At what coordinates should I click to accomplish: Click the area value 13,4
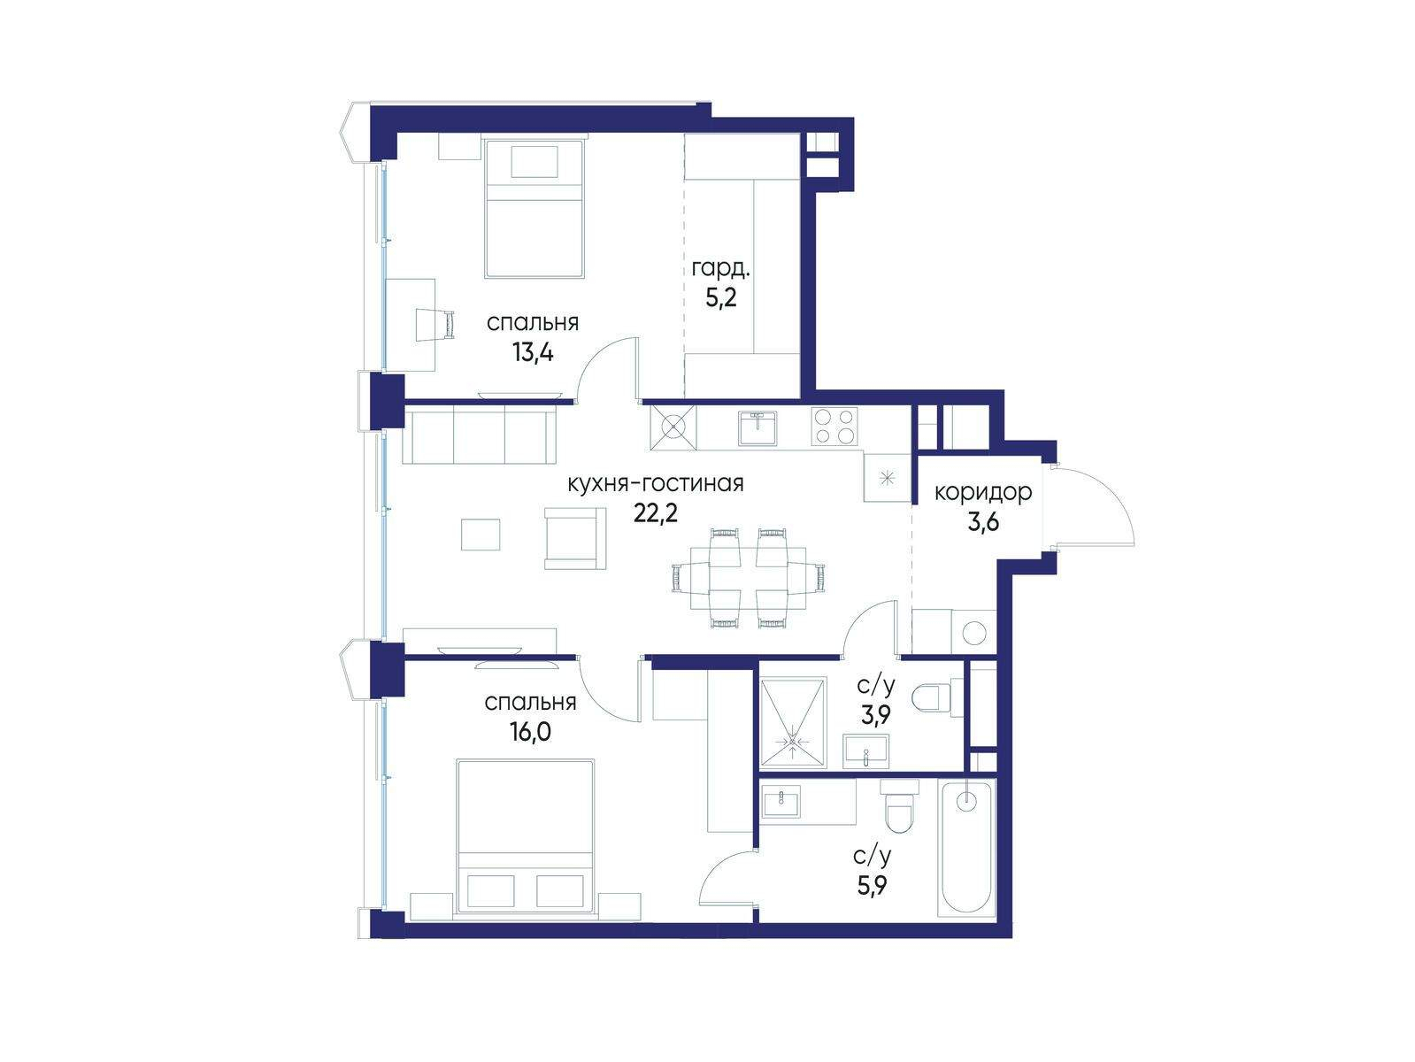pyautogui.click(x=533, y=352)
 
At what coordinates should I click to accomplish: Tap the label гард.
pyautogui.click(x=720, y=268)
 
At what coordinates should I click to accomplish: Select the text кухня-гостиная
pyautogui.click(x=656, y=483)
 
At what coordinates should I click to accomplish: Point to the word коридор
pyautogui.click(x=983, y=492)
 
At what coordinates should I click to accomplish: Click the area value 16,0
pyautogui.click(x=531, y=732)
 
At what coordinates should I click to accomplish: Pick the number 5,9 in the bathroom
pyautogui.click(x=873, y=887)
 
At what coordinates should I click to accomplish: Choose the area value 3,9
pyautogui.click(x=875, y=714)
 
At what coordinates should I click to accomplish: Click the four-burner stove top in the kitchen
pyautogui.click(x=834, y=426)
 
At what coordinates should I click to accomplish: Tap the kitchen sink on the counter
pyautogui.click(x=758, y=427)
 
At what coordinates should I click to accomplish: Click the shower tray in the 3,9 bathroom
pyautogui.click(x=792, y=722)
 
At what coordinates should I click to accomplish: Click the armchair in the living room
pyautogui.click(x=575, y=538)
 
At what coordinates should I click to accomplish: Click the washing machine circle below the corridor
pyautogui.click(x=974, y=632)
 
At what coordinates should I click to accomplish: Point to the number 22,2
pyautogui.click(x=656, y=513)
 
